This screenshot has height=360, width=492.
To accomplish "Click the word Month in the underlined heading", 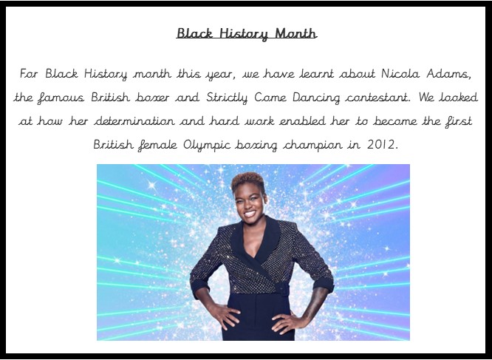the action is pyautogui.click(x=295, y=33).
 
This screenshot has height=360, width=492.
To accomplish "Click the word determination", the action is pyautogui.click(x=134, y=121).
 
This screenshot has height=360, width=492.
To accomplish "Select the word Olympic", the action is pyautogui.click(x=206, y=145).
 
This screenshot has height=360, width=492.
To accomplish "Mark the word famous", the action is pyautogui.click(x=61, y=98).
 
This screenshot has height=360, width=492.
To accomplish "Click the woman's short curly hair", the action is pyautogui.click(x=248, y=181).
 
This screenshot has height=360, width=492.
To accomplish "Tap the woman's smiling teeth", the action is pyautogui.click(x=250, y=214).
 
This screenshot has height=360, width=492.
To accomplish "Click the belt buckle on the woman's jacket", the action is pyautogui.click(x=282, y=288).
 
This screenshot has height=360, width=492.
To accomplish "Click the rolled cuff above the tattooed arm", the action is pyautogui.click(x=323, y=283).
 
